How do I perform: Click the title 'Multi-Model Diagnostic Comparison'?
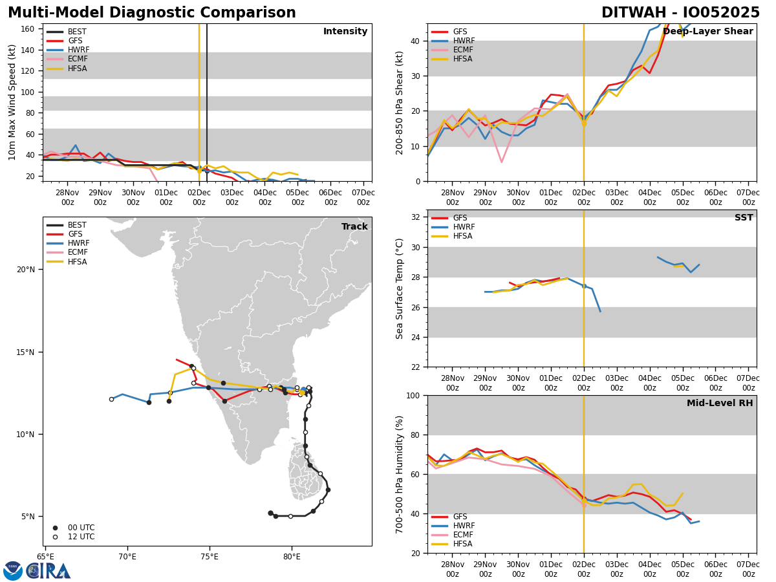[x=152, y=13]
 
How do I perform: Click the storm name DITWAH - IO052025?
[x=680, y=13]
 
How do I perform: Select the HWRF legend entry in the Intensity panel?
[x=78, y=50]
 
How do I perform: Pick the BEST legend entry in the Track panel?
[x=77, y=225]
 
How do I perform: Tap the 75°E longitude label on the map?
[x=210, y=556]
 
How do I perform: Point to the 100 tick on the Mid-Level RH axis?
[x=415, y=395]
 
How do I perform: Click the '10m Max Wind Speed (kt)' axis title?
[x=12, y=102]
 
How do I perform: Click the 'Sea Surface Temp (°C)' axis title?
[x=400, y=288]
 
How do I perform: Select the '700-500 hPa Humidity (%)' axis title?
[x=400, y=474]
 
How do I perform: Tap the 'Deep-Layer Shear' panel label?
[x=707, y=32]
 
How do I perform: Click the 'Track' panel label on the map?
[x=354, y=226]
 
